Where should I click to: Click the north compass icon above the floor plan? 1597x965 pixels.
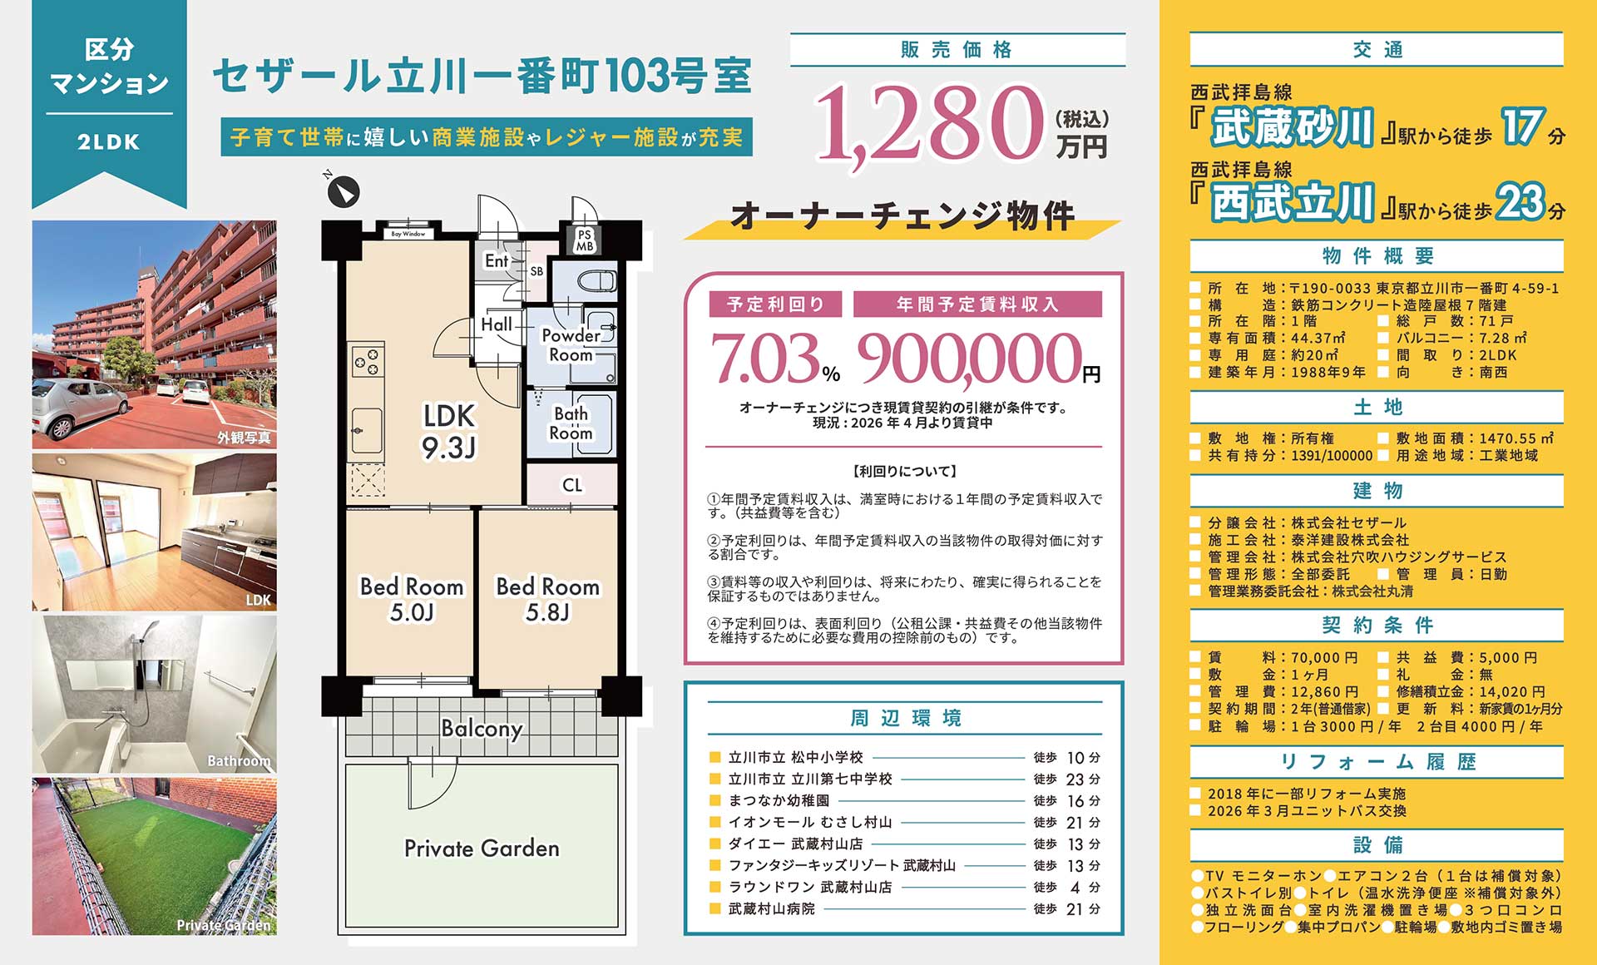342,192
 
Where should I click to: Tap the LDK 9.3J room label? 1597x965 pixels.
449,431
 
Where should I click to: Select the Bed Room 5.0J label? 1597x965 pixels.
411,599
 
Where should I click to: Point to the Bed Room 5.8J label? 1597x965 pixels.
547,599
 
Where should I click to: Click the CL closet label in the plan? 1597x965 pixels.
572,485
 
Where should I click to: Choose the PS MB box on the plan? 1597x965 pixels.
585,240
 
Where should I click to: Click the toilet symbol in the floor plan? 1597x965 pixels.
596,281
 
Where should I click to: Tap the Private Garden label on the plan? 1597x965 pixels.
482,849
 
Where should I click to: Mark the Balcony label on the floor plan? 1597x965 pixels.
482,729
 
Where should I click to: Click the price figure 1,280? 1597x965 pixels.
928,123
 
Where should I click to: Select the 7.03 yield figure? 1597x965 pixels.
766,359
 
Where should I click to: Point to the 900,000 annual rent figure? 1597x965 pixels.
970,359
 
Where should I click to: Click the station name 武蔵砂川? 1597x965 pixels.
1291,128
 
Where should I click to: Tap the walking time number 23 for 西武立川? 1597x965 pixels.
1520,202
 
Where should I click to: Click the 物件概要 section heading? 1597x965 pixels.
1377,256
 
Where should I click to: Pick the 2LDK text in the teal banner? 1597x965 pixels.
109,142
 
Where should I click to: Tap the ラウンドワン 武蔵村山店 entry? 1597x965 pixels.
810,888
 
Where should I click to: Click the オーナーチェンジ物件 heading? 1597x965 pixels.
902,216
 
